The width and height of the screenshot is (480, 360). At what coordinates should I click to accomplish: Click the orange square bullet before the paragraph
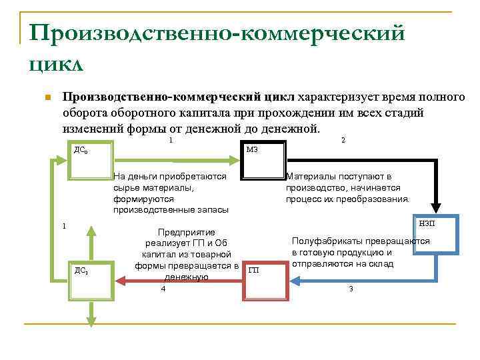46,99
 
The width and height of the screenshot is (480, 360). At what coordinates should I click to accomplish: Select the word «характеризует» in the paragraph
338,98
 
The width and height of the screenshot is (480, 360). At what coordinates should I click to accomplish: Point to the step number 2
343,140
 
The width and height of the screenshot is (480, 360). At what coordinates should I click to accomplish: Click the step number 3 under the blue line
351,288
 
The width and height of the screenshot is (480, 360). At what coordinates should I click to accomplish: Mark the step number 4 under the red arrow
163,288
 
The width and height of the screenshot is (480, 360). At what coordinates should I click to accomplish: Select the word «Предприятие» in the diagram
185,232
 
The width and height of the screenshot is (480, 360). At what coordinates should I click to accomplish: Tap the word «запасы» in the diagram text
213,209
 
